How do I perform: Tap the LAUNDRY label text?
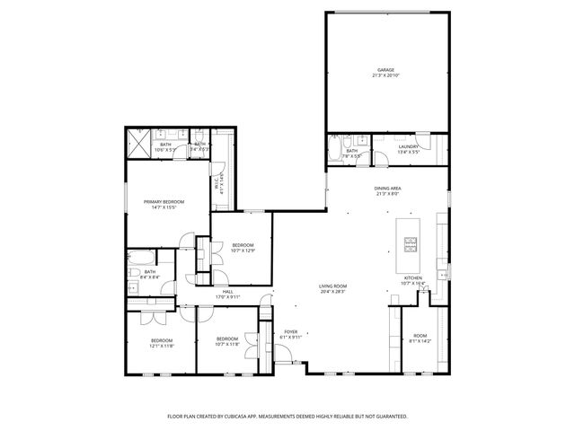(x=409, y=146)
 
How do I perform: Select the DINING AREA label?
(x=387, y=188)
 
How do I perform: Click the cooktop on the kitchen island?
(x=411, y=242)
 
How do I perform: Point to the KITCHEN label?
(x=412, y=278)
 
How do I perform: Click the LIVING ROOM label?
(x=332, y=286)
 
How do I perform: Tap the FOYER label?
(x=291, y=331)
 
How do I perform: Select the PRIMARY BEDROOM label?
(x=164, y=202)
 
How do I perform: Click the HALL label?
(x=228, y=292)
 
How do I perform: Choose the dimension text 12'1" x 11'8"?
(x=162, y=345)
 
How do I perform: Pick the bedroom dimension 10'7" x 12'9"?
(x=243, y=251)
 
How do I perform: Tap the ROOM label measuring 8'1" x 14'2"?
(x=420, y=336)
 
